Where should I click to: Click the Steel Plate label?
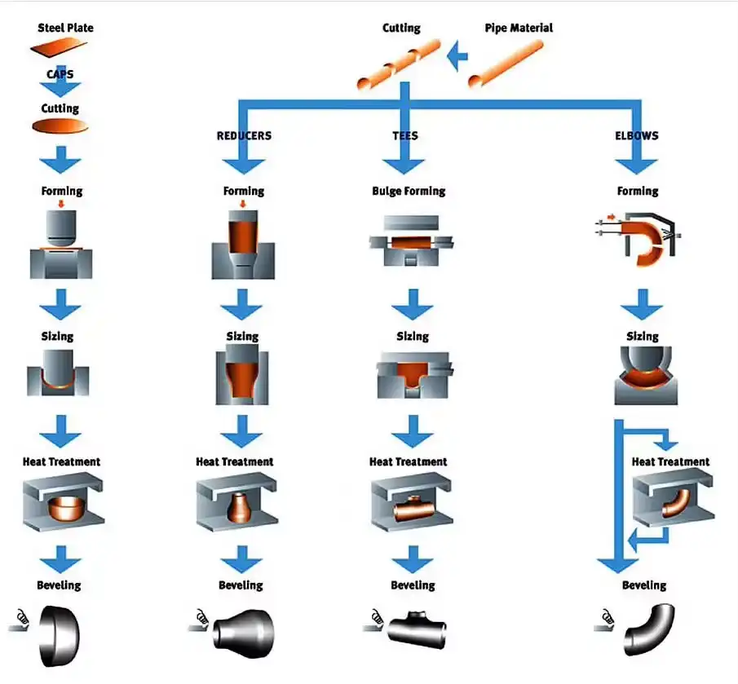point(65,28)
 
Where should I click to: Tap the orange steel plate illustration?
point(60,49)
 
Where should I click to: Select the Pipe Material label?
point(519,28)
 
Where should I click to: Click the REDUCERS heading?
point(244,135)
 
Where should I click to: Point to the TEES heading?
point(405,135)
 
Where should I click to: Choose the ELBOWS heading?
point(637,135)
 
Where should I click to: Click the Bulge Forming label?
point(409,191)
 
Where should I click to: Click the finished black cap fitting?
point(60,630)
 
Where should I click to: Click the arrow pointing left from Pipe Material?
point(458,56)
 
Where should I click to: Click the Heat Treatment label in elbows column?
point(670,461)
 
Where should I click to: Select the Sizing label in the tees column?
point(412,336)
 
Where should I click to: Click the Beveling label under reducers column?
point(241,585)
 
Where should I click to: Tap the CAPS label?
point(60,73)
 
